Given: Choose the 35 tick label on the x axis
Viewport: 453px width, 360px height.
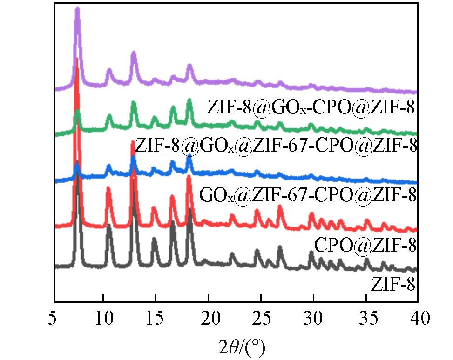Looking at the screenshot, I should tap(366, 320).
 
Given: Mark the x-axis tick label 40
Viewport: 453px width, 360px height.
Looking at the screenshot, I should tap(418, 320).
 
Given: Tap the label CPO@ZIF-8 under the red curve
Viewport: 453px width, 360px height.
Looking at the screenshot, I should tap(365, 244).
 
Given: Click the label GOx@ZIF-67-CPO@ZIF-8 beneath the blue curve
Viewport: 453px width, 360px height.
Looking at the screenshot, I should tap(307, 195).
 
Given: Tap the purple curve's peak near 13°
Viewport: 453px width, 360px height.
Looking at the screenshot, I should tap(134, 53).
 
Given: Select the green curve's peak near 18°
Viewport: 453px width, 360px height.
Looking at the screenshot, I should tap(189, 100).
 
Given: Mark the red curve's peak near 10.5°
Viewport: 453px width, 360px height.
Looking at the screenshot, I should tap(108, 188).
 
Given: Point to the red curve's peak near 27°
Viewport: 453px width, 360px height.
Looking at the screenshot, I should tap(280, 207).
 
